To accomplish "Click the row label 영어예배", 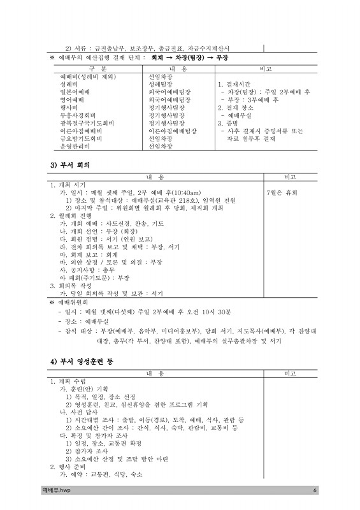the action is (x=71, y=100).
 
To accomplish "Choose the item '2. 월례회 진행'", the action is (x=71, y=216).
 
